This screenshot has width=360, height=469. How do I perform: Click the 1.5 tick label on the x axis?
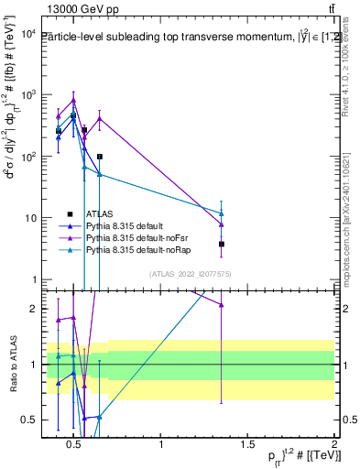(x=247, y=445)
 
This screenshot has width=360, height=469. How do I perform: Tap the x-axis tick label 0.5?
(x=75, y=445)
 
